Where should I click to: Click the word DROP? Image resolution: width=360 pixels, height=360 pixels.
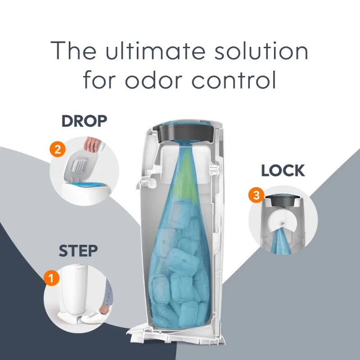tap(84, 121)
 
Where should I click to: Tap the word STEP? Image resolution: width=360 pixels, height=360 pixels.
tap(78, 251)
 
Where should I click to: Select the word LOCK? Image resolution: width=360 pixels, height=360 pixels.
tap(283, 171)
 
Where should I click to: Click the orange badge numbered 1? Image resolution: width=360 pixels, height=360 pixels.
tap(51, 278)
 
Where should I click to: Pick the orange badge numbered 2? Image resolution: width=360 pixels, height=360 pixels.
tap(57, 150)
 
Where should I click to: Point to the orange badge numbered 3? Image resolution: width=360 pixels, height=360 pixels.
tap(256, 196)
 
